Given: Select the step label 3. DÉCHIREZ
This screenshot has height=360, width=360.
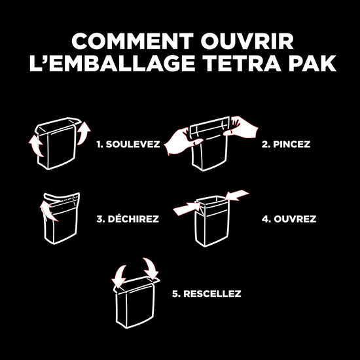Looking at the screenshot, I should pos(128,219).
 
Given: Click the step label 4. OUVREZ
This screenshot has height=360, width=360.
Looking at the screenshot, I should pos(289,219).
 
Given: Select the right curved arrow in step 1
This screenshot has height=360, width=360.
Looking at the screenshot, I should pos(84,132).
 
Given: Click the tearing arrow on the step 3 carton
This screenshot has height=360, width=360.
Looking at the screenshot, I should pos(46,209).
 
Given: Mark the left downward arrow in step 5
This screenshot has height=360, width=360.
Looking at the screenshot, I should pos(119,274).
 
